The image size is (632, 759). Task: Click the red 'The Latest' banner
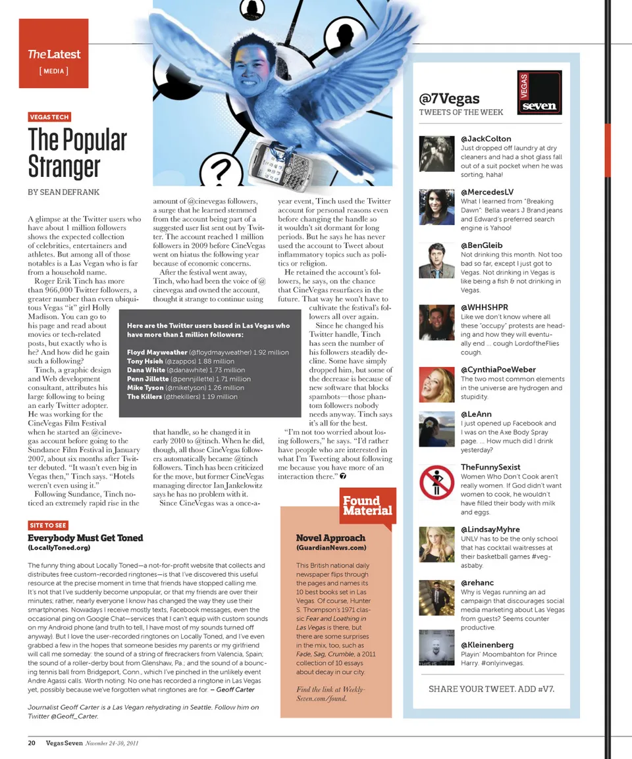click(x=53, y=54)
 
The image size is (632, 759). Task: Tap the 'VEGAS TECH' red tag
click(x=49, y=117)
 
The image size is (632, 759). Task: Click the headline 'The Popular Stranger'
click(x=77, y=152)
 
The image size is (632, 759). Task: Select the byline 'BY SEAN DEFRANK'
click(x=64, y=192)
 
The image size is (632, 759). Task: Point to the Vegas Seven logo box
click(x=539, y=93)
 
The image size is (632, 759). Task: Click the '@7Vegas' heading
click(x=449, y=99)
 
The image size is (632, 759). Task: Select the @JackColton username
click(x=486, y=139)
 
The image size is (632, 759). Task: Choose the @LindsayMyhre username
click(x=490, y=529)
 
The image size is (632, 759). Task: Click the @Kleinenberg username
click(x=487, y=645)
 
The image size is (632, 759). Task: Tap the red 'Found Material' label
click(x=367, y=506)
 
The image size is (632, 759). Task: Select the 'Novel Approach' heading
click(x=330, y=537)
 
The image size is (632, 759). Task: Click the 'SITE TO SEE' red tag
click(x=48, y=525)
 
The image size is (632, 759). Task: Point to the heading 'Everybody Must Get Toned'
click(x=86, y=537)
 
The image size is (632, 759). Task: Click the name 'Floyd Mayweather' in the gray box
click(x=157, y=352)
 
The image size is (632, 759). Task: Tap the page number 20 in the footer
click(x=31, y=743)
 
